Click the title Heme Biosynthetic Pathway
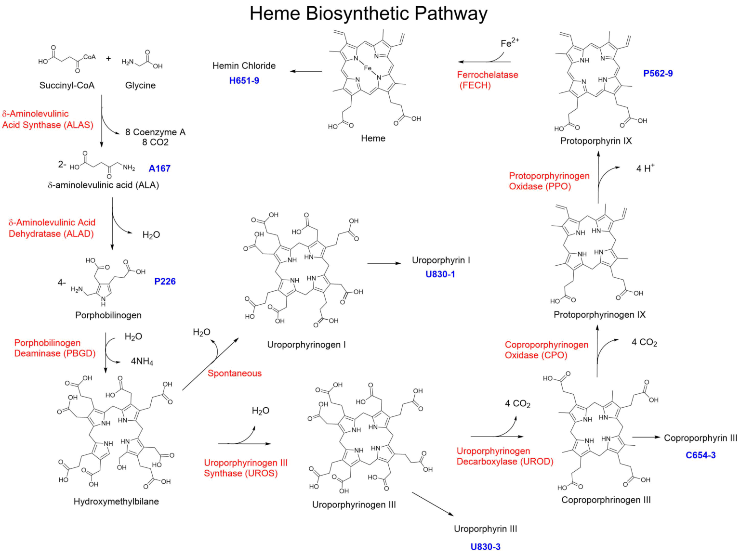click(369, 13)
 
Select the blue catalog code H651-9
click(244, 80)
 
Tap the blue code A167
click(159, 168)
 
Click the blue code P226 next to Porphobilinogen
click(165, 282)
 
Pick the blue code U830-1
click(440, 274)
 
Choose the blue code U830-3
click(485, 547)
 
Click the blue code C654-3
click(700, 455)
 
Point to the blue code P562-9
click(658, 74)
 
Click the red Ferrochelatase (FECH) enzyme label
click(487, 80)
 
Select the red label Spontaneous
click(235, 374)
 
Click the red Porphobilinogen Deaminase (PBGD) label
click(54, 348)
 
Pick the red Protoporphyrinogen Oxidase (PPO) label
click(549, 181)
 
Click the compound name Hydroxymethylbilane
click(116, 502)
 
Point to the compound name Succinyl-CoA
click(67, 86)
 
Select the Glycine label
click(140, 86)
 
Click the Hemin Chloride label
click(244, 65)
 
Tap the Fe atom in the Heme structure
click(368, 68)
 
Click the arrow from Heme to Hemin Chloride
click(305, 71)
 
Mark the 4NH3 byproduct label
click(142, 361)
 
